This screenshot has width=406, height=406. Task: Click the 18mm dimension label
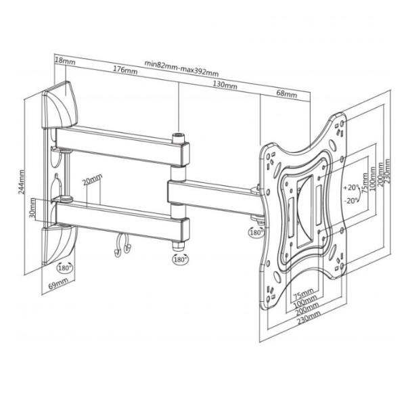[65, 62]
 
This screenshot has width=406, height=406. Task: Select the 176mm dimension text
[122, 70]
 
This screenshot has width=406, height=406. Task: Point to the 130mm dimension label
[224, 85]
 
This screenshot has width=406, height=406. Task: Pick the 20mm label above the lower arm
[91, 181]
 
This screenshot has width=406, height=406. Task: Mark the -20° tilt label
[350, 200]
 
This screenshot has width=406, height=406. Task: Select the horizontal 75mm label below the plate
[302, 293]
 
